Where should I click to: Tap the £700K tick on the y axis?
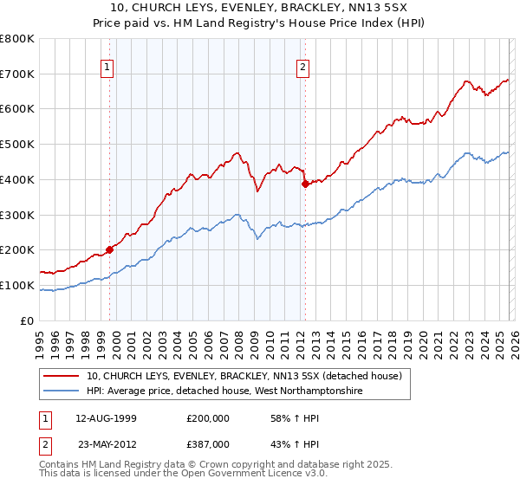(17, 74)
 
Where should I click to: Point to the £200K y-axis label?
(17, 249)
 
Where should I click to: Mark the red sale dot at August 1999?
(110, 249)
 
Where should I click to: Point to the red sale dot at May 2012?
(305, 184)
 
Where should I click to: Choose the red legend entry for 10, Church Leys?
(244, 377)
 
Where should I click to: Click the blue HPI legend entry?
(224, 391)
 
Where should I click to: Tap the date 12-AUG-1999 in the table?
(106, 417)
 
